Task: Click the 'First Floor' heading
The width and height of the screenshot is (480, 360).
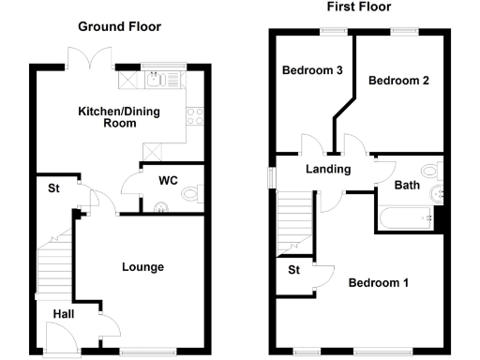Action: click(358, 7)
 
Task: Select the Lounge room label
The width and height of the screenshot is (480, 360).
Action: click(142, 267)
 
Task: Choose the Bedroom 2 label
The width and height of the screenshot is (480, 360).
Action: click(398, 82)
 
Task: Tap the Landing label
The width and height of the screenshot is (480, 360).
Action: click(328, 170)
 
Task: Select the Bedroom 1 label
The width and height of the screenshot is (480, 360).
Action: click(378, 282)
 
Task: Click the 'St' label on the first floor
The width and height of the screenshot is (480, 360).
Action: click(293, 273)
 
